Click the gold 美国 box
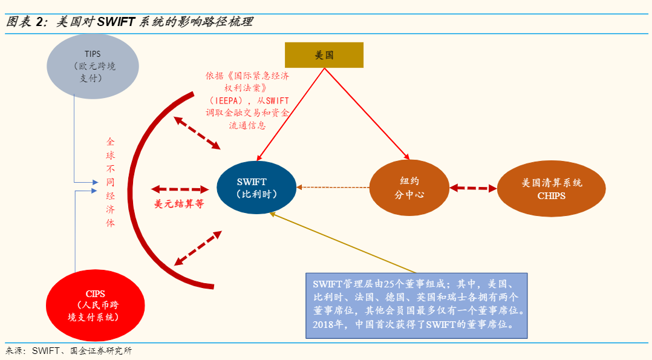click(324, 55)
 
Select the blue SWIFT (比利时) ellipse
click(256, 188)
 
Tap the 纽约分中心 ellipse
click(409, 188)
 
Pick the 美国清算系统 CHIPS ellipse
click(551, 188)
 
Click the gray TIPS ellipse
click(93, 66)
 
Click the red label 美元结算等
click(179, 204)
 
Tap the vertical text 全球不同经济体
click(110, 182)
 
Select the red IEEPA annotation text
click(247, 100)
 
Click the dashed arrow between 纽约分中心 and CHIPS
click(472, 188)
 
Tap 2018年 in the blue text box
click(327, 324)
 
